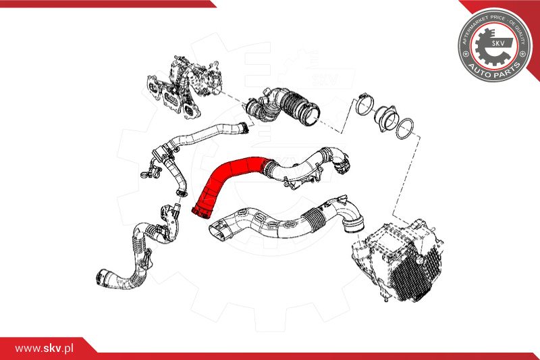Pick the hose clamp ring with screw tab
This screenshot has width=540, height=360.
coord(363,105)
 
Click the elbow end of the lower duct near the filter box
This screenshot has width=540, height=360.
coord(352,215)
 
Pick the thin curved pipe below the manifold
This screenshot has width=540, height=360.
coord(202,135)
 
